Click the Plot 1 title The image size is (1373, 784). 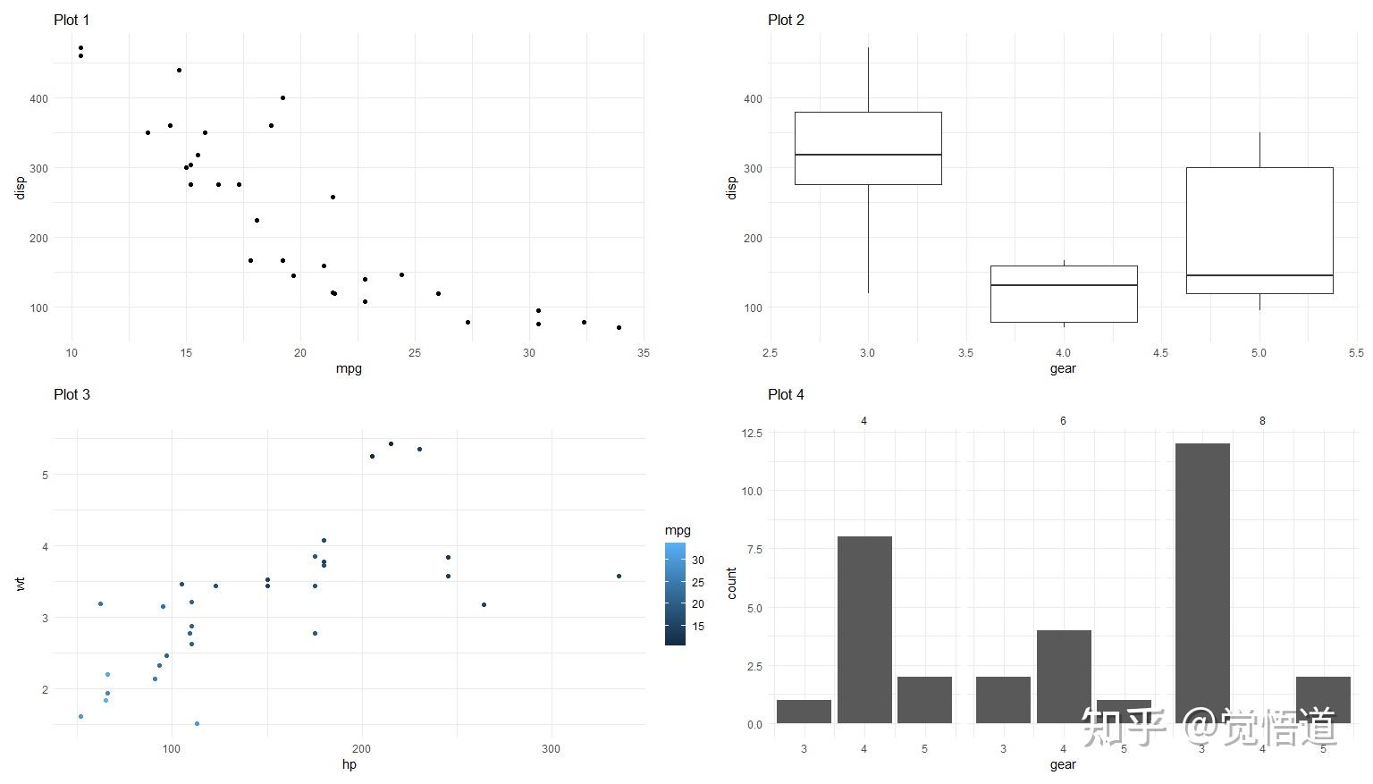tap(72, 20)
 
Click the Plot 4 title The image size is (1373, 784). tap(786, 394)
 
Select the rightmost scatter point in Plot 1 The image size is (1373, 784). tap(619, 327)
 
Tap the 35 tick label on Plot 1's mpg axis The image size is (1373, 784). tap(644, 352)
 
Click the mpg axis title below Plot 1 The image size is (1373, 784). tap(349, 368)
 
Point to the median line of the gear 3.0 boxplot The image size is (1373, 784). tap(868, 155)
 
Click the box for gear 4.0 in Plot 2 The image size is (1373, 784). tap(1064, 304)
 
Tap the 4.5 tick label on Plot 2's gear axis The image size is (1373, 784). tap(1160, 352)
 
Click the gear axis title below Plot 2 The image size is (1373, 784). tap(1063, 368)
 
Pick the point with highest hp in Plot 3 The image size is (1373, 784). tap(619, 576)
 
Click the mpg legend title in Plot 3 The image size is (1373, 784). tap(678, 530)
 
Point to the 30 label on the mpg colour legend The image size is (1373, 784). tap(697, 561)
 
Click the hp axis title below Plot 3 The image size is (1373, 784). tap(349, 764)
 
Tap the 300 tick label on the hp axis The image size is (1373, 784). tap(551, 748)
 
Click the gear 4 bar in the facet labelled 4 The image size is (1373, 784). tap(864, 629)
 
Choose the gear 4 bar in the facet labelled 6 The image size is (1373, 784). tap(1064, 677)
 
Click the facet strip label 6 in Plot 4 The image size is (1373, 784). tap(1063, 420)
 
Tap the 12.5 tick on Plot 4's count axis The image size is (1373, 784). tap(751, 433)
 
